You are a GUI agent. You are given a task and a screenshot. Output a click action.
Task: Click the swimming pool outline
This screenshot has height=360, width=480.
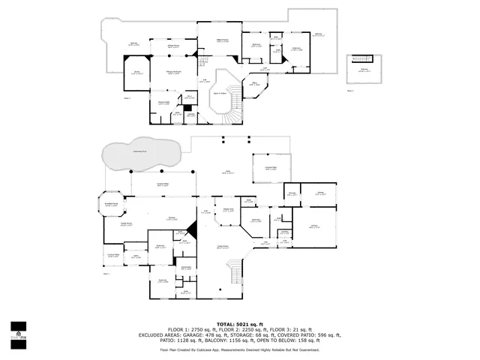(x=141, y=154)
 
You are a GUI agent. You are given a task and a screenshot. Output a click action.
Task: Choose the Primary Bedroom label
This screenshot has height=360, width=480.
(x=173, y=72)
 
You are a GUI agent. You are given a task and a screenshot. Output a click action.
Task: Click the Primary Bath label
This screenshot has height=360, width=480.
(x=163, y=103)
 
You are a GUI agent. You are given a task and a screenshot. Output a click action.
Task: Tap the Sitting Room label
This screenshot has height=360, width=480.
(x=172, y=46)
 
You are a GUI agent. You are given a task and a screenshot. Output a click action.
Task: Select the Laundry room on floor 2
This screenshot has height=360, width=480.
(x=190, y=115)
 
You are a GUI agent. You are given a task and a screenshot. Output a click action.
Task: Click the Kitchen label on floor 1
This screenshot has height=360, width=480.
(x=171, y=218)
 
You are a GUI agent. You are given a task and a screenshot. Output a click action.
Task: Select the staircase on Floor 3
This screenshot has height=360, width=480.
(x=362, y=60)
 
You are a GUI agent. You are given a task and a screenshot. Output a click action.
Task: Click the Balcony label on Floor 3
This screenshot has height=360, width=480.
(x=364, y=70)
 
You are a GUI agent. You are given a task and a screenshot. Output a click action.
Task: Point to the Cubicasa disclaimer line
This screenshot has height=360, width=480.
(x=239, y=350)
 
